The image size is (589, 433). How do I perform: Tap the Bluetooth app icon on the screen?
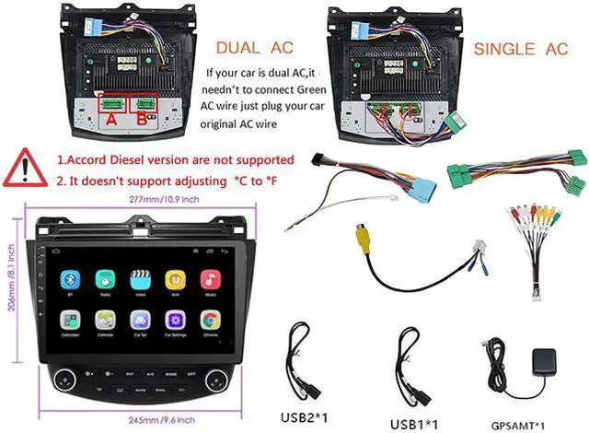coord(68,279)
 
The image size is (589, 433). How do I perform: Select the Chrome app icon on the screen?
coord(211,321)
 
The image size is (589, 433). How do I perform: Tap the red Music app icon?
coord(211,279)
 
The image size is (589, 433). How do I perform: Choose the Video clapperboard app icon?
coord(140,279)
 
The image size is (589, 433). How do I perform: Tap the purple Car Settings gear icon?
coord(175,321)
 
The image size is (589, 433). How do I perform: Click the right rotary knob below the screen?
coord(215,379)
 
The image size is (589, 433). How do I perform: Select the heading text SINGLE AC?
coord(521,47)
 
